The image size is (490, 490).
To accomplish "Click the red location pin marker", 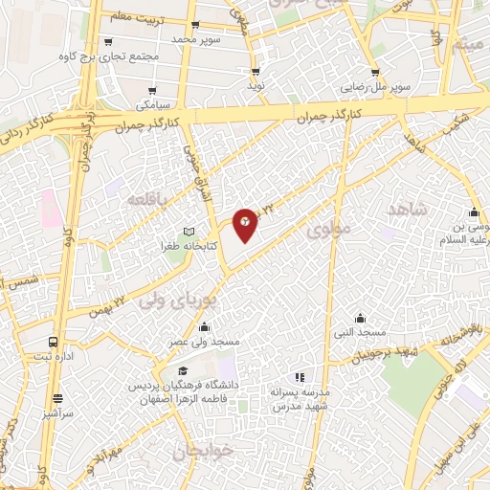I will coord(245,224).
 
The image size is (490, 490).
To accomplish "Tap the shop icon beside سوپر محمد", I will coord(195,26).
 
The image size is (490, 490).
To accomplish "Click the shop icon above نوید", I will coord(255,71).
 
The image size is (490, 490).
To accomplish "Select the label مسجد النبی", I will coord(360,331).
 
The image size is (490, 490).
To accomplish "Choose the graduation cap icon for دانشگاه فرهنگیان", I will coord(181,372).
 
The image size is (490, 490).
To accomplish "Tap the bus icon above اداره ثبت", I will coord(52,342).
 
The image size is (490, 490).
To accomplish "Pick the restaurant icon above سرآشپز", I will coord(56,398).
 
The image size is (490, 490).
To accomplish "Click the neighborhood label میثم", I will coord(470,44).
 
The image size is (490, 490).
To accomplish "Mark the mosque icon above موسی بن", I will coord(473,212).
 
